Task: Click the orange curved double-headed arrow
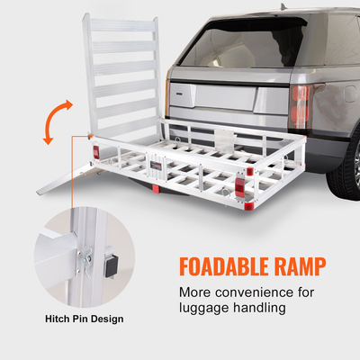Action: (55, 121)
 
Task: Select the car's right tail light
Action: (300, 103)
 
